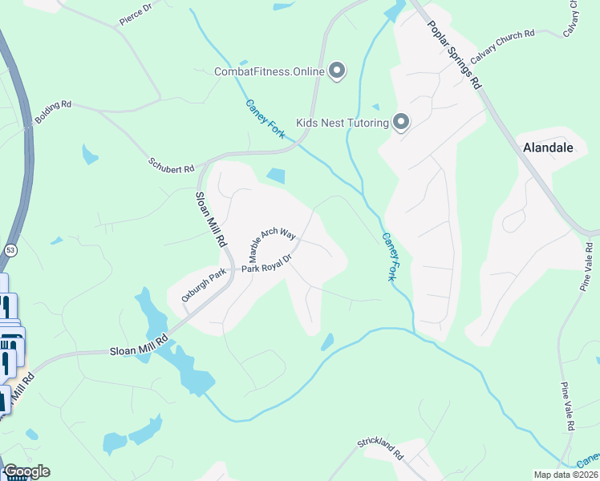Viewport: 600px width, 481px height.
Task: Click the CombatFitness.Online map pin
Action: click(338, 72)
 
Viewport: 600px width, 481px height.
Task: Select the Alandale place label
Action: click(548, 148)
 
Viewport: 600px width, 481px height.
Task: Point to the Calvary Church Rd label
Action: click(502, 47)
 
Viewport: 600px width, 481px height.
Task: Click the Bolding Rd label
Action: click(53, 112)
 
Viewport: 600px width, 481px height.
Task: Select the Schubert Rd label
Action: click(171, 165)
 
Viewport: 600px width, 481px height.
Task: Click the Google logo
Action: click(26, 471)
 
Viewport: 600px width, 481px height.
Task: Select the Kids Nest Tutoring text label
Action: click(343, 123)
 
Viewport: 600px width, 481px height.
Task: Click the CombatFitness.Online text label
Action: click(269, 72)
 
